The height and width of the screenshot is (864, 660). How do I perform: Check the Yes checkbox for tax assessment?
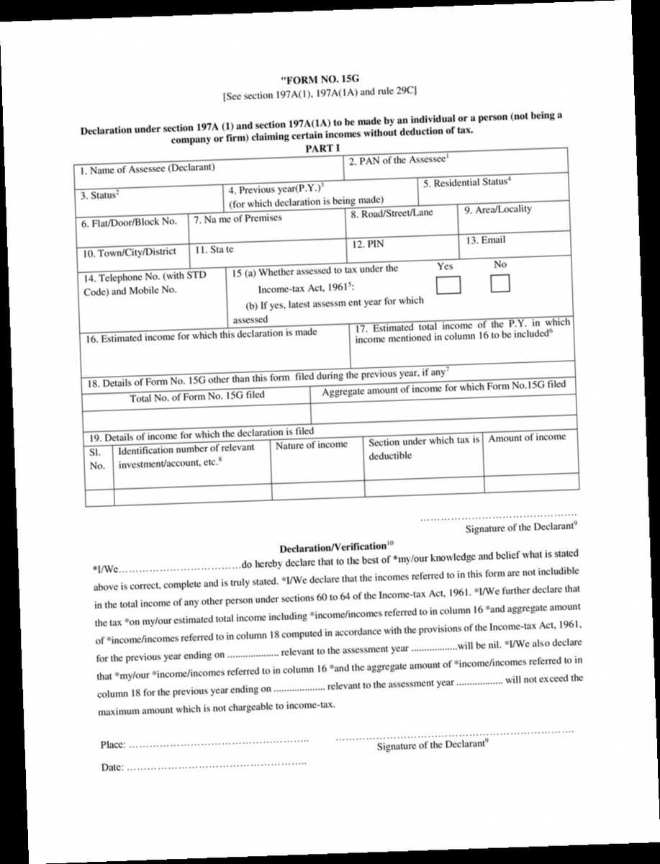click(x=450, y=285)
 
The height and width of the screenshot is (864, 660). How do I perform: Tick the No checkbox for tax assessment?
click(x=499, y=284)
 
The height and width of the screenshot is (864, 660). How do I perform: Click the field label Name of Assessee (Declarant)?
click(x=148, y=170)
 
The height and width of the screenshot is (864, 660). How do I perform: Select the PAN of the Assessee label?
click(x=399, y=160)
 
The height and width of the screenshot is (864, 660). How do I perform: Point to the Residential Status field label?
click(x=467, y=182)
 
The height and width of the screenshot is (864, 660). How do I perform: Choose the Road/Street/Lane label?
click(x=392, y=214)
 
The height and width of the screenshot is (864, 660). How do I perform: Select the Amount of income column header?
click(x=527, y=437)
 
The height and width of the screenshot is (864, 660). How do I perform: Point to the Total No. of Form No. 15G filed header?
click(x=196, y=396)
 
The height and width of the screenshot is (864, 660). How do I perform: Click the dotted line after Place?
click(x=219, y=742)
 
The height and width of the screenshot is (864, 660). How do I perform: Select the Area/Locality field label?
click(x=497, y=210)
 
